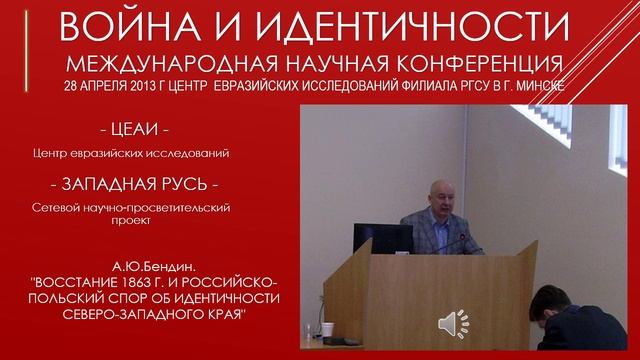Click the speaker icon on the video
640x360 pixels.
click(x=456, y=324)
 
